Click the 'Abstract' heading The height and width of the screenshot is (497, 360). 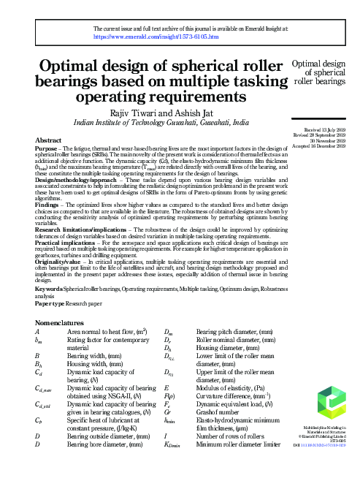tap(48, 139)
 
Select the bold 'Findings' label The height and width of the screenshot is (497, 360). tap(46, 207)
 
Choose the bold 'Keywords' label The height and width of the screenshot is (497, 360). tap(48, 289)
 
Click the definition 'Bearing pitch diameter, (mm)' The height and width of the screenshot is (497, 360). tap(231, 333)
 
